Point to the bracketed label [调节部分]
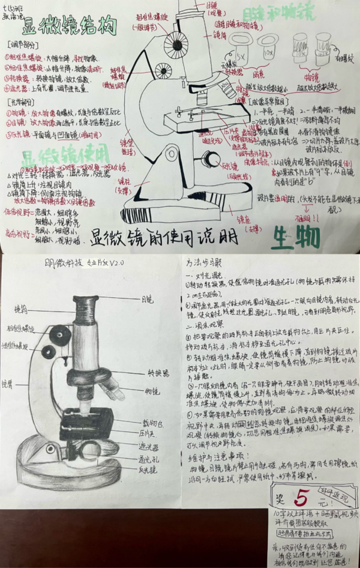click(23, 46)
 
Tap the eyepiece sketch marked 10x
click(268, 48)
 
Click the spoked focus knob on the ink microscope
click(176, 44)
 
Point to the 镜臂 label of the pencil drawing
click(7, 382)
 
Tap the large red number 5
click(304, 498)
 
